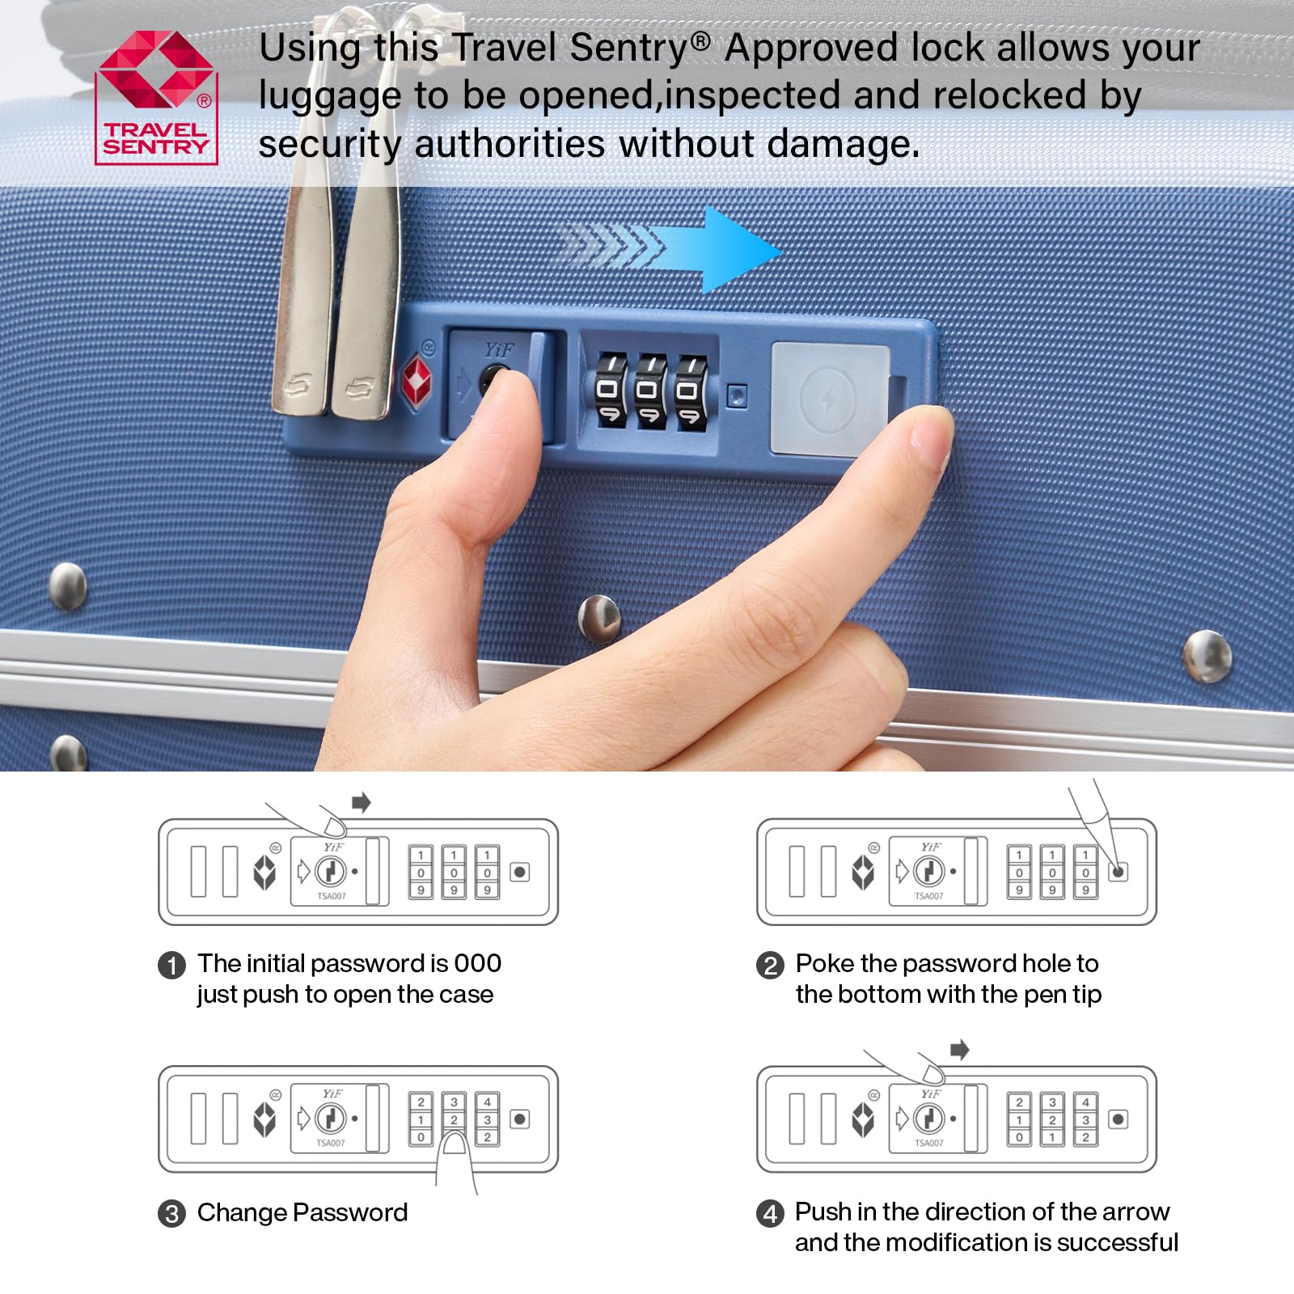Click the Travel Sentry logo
[156, 97]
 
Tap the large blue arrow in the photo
[671, 249]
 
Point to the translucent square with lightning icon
[830, 399]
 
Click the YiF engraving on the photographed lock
[499, 349]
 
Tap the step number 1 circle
[171, 965]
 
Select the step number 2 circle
[770, 965]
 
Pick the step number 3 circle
[171, 1214]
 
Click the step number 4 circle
[770, 1213]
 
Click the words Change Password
[302, 1212]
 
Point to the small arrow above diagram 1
[362, 802]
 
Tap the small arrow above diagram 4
[960, 1050]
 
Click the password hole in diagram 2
[1119, 872]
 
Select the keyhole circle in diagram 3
[330, 1119]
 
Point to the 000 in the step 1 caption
[478, 963]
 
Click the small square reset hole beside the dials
[737, 395]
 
